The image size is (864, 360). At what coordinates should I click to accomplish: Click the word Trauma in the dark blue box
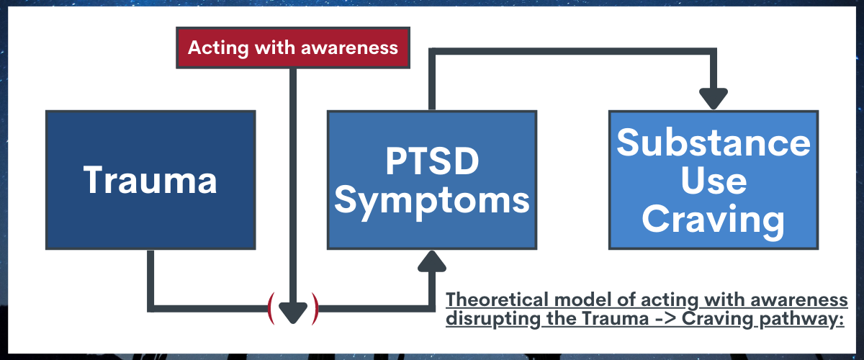(x=150, y=180)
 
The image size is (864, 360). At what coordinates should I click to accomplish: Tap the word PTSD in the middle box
(x=433, y=161)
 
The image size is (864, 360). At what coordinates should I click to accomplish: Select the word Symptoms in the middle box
(x=432, y=201)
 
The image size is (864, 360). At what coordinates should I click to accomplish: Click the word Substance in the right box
(x=714, y=142)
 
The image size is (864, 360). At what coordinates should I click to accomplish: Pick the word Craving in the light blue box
(x=714, y=220)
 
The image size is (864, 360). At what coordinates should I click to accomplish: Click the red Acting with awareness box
(x=293, y=48)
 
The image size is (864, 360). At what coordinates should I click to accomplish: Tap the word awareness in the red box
(x=349, y=48)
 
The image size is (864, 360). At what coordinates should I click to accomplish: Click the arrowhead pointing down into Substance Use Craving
(x=714, y=99)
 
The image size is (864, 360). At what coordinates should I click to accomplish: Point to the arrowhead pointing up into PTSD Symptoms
(x=432, y=261)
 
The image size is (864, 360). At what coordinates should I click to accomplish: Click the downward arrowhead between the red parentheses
(x=293, y=313)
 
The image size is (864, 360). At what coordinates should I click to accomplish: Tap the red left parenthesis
(x=271, y=308)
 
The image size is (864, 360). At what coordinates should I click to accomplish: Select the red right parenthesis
(x=315, y=308)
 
